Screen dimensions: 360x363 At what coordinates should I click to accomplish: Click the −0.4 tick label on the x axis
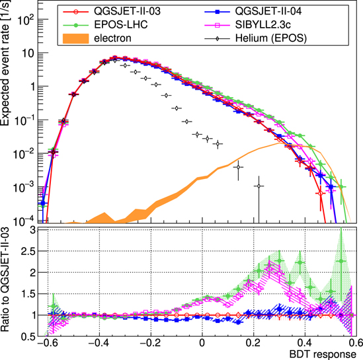pyautogui.click(x=98, y=343)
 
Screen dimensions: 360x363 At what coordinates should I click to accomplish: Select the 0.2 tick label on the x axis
pyautogui.click(x=253, y=343)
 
